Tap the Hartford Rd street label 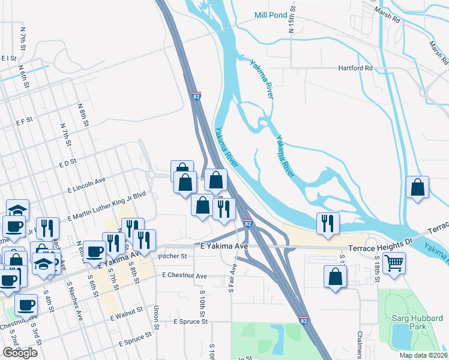(x=355, y=68)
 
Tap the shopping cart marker (x=394, y=263)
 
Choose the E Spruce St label (x=190, y=322)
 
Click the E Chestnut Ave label (x=184, y=276)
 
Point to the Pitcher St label (x=173, y=256)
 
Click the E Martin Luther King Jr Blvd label (x=107, y=206)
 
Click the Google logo (x=20, y=353)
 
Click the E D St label (x=68, y=162)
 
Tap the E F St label (x=25, y=121)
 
